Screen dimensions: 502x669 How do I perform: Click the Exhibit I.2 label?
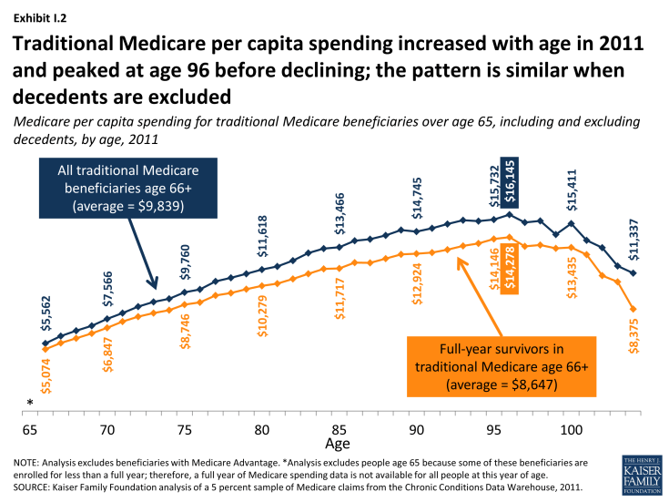coord(38,15)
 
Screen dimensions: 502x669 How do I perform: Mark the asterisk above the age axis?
coord(31,405)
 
